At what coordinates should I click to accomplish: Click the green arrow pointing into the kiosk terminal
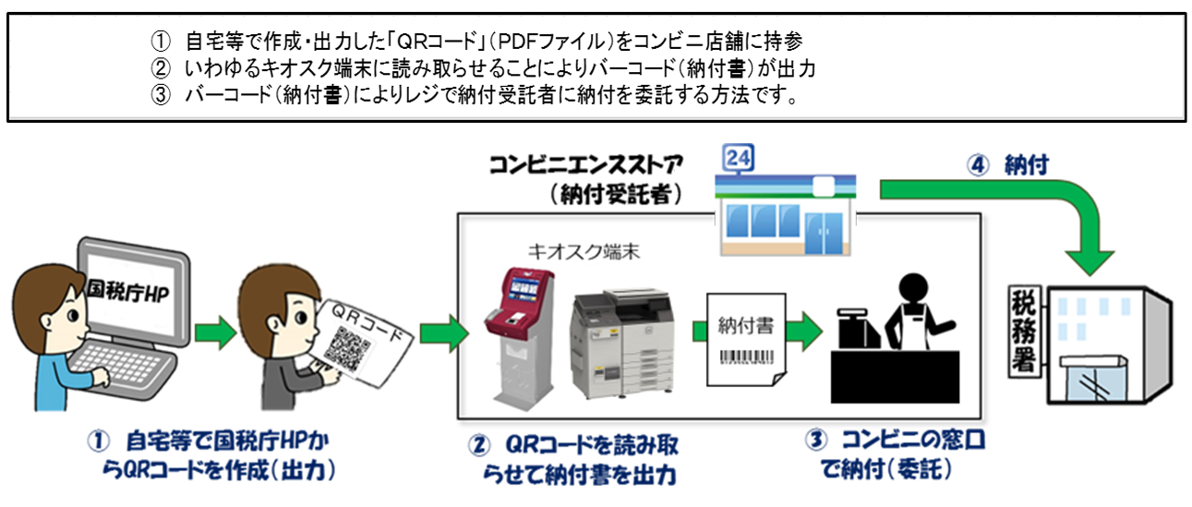[442, 331]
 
